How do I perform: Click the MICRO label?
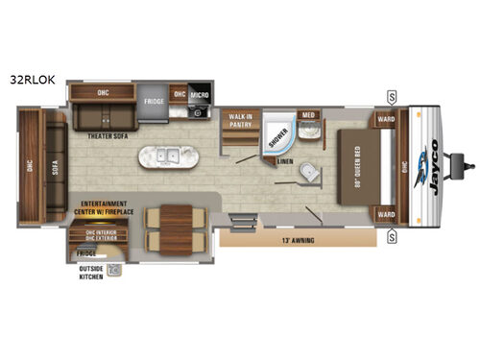pos(200,94)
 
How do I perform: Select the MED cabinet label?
pos(308,116)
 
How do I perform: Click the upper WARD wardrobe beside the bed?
pos(386,121)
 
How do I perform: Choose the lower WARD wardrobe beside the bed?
pos(386,213)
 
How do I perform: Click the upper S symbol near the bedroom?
pos(392,96)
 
